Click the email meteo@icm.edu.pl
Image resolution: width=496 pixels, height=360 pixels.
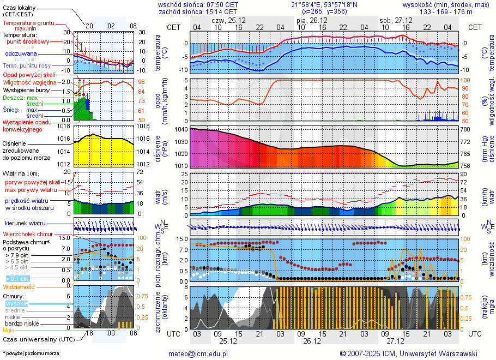point(201,354)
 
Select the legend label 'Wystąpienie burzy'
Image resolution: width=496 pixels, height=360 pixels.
point(26,89)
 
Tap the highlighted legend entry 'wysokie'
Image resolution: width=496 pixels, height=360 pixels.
point(16,303)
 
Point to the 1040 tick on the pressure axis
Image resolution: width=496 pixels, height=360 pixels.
point(181,129)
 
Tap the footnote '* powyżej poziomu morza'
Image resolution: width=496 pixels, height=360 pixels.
point(31,353)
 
